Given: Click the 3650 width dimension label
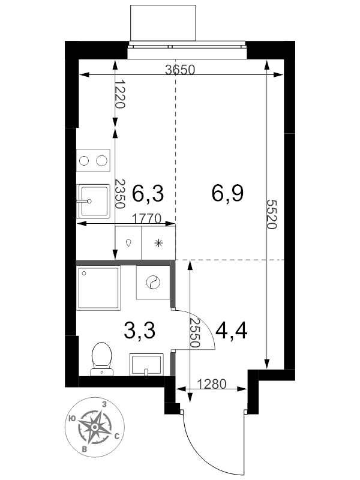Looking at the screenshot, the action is (179, 70).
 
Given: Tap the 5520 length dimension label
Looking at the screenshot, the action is (272, 214).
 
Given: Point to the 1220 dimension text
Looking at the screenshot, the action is (121, 94).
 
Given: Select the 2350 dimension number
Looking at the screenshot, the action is (119, 194).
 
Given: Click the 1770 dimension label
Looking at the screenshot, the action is (146, 218).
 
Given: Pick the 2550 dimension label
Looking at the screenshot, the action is (194, 332).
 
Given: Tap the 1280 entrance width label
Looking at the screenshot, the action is (212, 383).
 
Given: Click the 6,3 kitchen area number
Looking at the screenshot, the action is (148, 193).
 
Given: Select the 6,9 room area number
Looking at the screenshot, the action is (227, 193).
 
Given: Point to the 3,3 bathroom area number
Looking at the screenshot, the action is (140, 331).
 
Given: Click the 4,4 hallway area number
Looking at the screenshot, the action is (232, 331).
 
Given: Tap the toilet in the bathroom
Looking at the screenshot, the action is (101, 359).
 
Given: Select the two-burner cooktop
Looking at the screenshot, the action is (93, 160).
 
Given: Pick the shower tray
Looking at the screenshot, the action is (98, 288).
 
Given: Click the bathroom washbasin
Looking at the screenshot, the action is (146, 365).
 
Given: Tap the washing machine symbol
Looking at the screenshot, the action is (153, 282).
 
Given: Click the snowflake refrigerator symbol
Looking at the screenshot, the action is (158, 243).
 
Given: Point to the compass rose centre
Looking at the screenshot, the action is (95, 427).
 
